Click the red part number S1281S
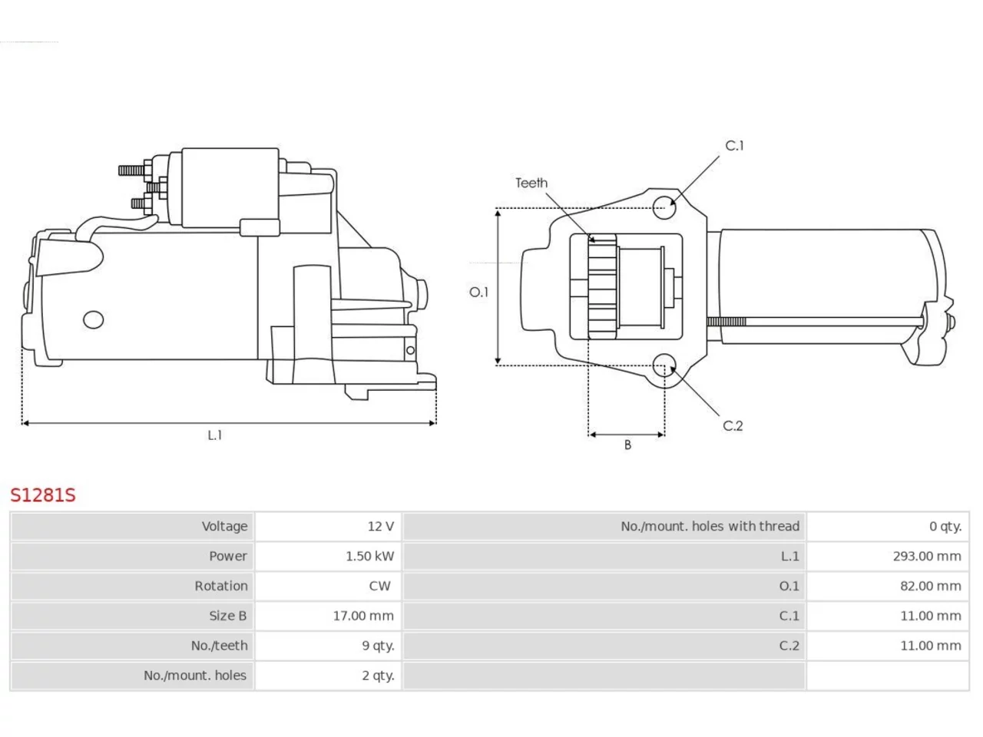click(43, 495)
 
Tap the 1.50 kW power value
click(370, 557)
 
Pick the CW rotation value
click(380, 586)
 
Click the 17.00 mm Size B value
click(363, 616)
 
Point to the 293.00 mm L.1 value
click(927, 557)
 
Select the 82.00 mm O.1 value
click(931, 586)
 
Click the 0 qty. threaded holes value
click(945, 526)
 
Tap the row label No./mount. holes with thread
click(710, 526)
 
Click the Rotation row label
click(221, 586)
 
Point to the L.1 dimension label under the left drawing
click(215, 435)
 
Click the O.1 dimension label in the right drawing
click(478, 292)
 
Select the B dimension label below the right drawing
click(628, 445)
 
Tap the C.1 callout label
click(734, 145)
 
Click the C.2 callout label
click(733, 425)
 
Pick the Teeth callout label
click(531, 183)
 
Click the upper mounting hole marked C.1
click(664, 207)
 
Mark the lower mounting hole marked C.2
click(664, 365)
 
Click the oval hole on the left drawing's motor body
click(94, 319)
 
